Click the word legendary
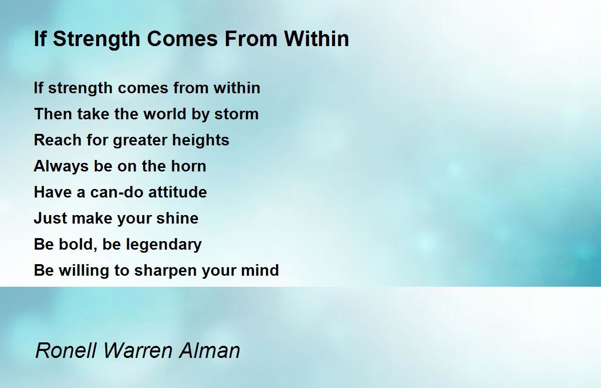click(x=164, y=245)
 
